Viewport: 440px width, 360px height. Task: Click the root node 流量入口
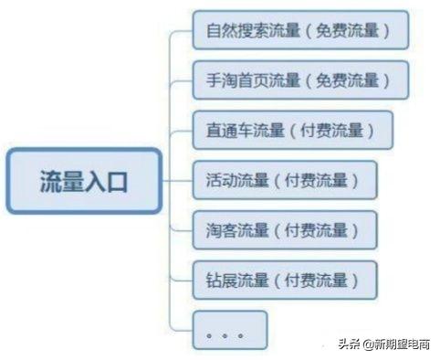point(84,179)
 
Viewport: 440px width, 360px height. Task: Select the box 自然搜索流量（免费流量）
point(299,29)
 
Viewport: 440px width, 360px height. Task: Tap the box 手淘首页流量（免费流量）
point(299,79)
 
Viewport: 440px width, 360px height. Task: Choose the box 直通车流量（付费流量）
point(292,130)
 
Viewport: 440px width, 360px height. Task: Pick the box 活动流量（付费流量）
point(285,180)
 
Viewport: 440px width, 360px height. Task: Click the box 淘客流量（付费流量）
point(285,229)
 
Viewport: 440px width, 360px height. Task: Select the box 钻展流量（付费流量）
point(285,279)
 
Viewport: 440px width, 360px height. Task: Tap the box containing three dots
point(228,330)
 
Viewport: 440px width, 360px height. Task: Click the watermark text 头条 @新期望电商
point(383,344)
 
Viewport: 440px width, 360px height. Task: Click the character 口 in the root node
point(118,180)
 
